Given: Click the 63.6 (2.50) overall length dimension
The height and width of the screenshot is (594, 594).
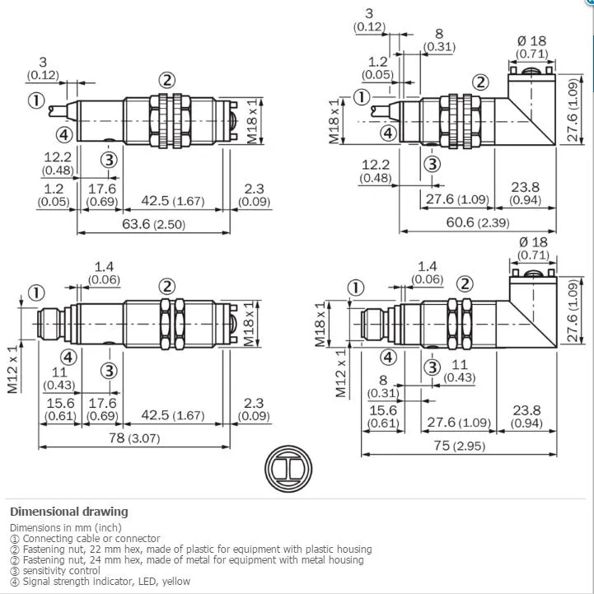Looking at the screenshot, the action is pyautogui.click(x=154, y=224).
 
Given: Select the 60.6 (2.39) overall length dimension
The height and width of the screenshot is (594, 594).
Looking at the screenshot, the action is pyautogui.click(x=478, y=222).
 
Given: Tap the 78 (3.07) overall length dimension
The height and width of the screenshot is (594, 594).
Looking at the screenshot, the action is pyautogui.click(x=134, y=438).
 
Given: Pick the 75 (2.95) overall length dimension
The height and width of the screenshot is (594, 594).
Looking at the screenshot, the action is pyautogui.click(x=460, y=446).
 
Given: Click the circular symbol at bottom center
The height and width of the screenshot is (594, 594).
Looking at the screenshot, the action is pyautogui.click(x=288, y=469).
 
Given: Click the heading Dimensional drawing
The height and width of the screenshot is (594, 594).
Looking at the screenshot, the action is pyautogui.click(x=69, y=512).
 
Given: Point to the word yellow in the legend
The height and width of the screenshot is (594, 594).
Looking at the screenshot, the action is pyautogui.click(x=176, y=581).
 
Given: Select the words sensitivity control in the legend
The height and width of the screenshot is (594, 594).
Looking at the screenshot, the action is pyautogui.click(x=61, y=570).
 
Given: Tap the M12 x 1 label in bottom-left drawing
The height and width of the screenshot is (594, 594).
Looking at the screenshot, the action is pyautogui.click(x=12, y=369).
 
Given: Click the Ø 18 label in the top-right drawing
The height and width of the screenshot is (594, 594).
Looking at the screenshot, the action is pyautogui.click(x=532, y=41).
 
